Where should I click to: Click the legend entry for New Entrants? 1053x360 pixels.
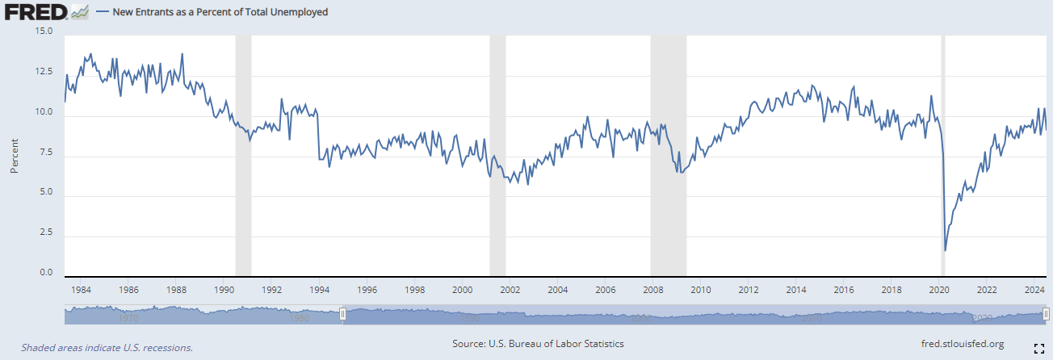click(x=218, y=12)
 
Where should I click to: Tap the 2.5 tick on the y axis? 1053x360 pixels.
click(x=45, y=233)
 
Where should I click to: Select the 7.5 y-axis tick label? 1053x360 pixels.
click(x=45, y=153)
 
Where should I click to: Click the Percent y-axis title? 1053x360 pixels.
click(x=15, y=154)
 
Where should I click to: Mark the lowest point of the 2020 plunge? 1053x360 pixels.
click(x=945, y=250)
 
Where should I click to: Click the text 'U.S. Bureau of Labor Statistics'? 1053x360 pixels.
click(x=556, y=344)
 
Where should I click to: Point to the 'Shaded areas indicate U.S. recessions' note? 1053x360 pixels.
click(x=107, y=347)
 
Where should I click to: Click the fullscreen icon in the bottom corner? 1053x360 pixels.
click(x=1039, y=348)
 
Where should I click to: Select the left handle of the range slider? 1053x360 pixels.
click(x=342, y=313)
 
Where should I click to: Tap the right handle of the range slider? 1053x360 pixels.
click(x=1046, y=313)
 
